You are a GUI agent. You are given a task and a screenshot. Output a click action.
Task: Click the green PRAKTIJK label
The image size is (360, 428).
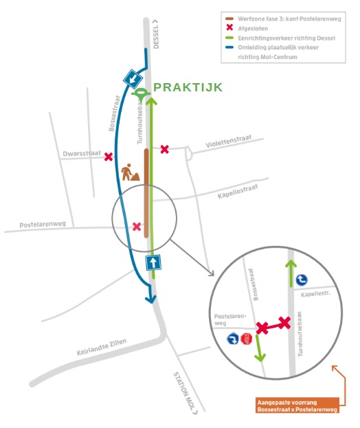click(x=188, y=87)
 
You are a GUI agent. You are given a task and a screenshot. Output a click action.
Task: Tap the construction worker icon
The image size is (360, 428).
click(x=130, y=172)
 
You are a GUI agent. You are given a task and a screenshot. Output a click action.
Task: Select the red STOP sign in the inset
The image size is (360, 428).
click(x=247, y=339)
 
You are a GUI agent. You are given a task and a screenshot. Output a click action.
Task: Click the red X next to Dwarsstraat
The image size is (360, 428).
click(x=109, y=157)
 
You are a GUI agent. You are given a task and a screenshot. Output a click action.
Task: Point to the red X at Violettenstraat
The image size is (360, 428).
click(x=165, y=149)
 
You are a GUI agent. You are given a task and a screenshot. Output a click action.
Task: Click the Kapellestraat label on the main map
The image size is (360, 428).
click(x=238, y=192)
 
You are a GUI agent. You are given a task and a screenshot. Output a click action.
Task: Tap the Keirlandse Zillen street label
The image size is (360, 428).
click(x=102, y=347)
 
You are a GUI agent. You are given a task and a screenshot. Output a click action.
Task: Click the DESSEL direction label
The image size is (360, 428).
click(x=155, y=34)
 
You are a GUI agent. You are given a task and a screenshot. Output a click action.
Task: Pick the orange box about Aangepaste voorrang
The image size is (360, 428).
click(x=297, y=406)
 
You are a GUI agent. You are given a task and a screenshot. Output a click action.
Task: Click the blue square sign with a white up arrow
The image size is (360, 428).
click(x=153, y=262)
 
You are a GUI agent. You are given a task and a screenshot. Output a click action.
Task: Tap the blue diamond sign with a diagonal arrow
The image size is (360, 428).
click(x=133, y=79)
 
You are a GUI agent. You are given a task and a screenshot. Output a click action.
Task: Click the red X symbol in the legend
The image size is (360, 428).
click(x=229, y=28)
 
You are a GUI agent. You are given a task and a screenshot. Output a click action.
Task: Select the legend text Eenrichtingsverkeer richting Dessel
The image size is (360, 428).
click(x=286, y=38)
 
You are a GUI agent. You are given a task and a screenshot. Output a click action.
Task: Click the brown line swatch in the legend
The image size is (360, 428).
click(x=229, y=19)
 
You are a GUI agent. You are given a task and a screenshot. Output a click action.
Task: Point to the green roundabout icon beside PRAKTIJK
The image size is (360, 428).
click(x=141, y=93)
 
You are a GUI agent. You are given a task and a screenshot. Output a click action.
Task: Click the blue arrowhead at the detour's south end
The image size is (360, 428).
click(x=150, y=299)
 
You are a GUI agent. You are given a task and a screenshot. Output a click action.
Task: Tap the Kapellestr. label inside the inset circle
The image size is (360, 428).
click(x=315, y=294)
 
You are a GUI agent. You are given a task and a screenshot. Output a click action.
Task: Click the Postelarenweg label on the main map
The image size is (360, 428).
click(x=43, y=225)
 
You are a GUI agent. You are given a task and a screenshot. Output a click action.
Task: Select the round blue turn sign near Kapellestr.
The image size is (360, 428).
click(x=302, y=280)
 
